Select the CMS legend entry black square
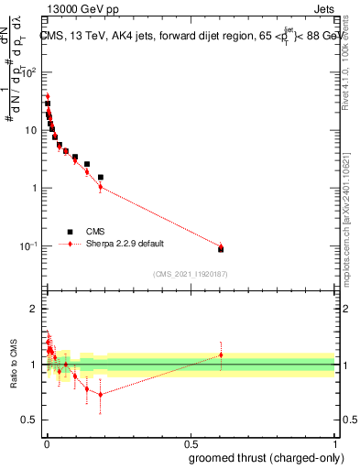(x=71, y=232)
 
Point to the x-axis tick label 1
(x=334, y=443)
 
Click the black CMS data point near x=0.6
(x=220, y=249)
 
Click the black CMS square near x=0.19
(x=101, y=177)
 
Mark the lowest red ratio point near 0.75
(x=101, y=395)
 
